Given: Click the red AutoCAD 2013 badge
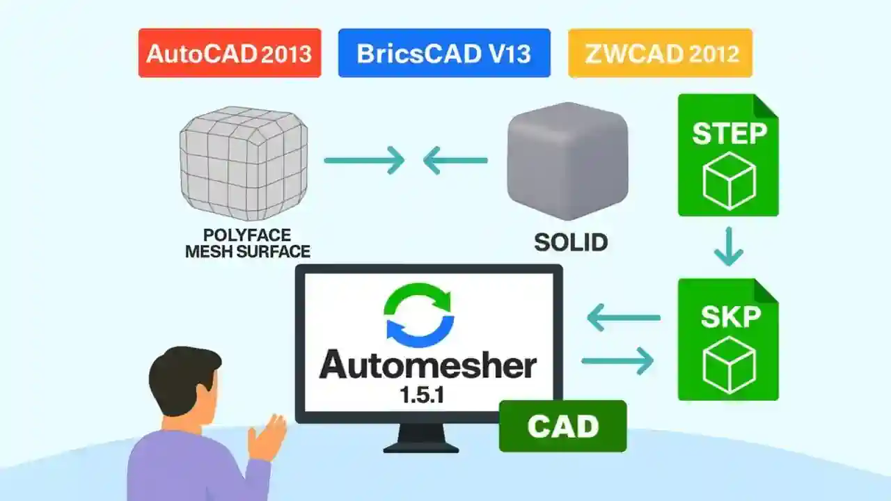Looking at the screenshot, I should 230,53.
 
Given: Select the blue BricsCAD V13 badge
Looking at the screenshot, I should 444,53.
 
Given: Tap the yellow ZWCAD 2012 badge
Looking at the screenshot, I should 660,53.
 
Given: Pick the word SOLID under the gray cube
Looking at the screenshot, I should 571,241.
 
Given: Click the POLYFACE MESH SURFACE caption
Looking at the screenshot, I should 248,244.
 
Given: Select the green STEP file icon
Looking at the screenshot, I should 728,154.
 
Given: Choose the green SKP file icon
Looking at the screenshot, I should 728,340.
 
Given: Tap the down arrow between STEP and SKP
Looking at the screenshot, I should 728,246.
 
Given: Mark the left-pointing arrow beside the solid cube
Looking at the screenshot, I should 455,161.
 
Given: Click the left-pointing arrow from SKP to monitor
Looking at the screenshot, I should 623,319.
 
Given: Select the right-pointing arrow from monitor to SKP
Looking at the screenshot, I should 617,360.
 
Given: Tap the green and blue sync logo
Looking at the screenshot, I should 418,313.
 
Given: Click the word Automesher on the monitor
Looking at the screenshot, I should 427,365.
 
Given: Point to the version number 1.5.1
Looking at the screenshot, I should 422,396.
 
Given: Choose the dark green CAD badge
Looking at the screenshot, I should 562,426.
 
